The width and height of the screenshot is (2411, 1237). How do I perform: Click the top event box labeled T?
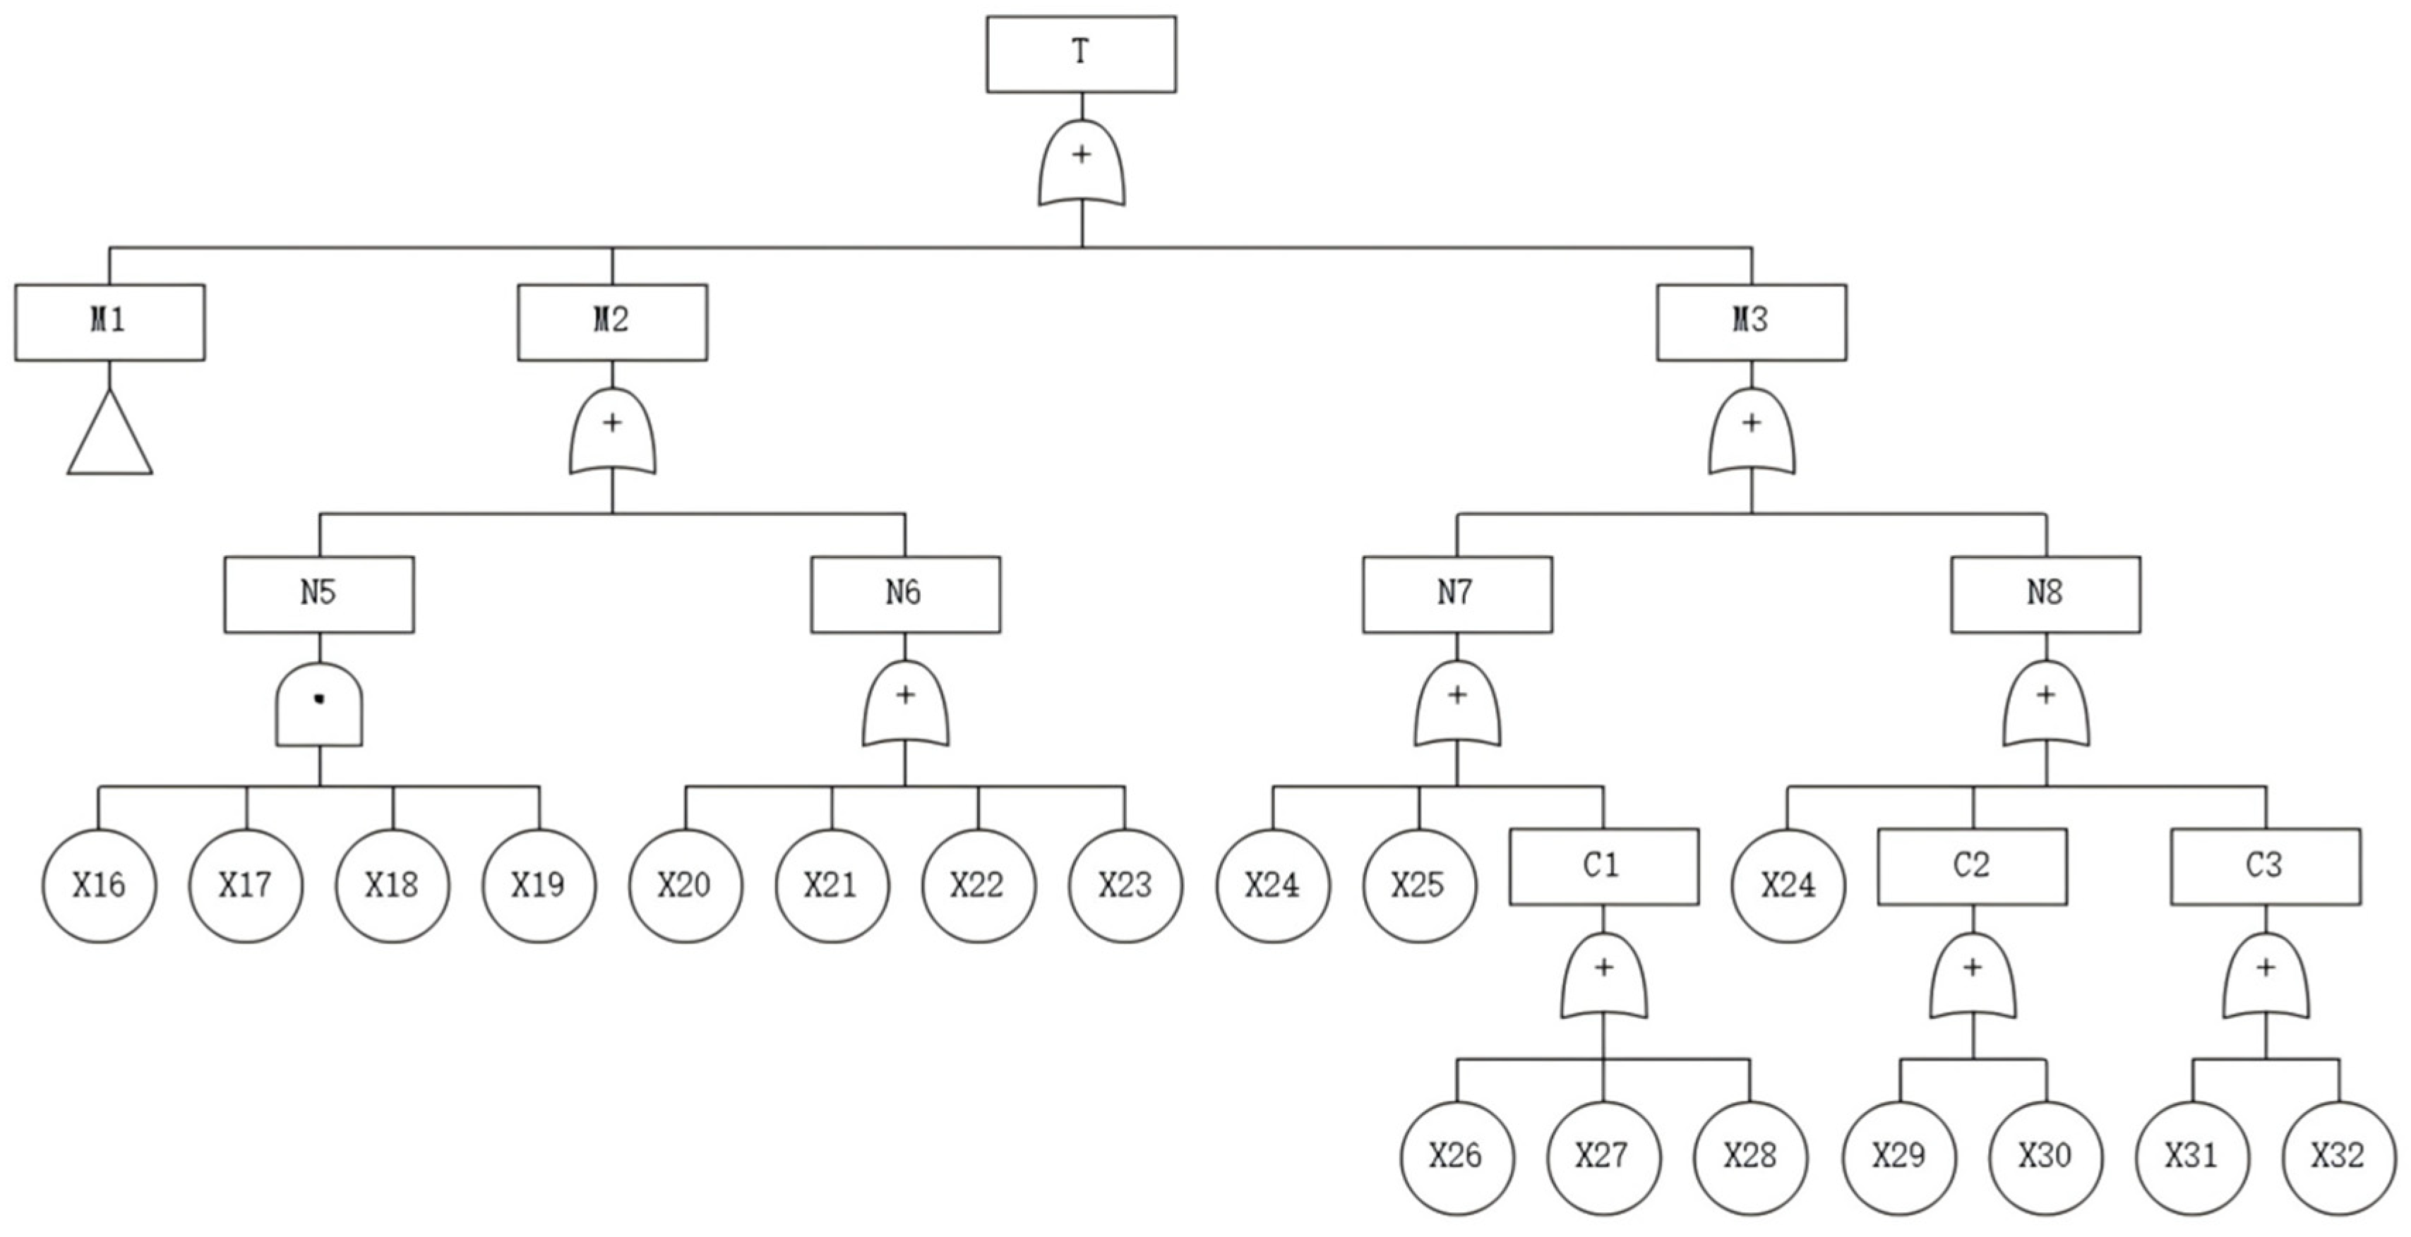1081,54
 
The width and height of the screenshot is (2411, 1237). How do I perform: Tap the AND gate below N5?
319,706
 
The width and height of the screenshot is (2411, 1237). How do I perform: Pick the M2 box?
612,322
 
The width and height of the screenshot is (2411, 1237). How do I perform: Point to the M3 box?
1751,322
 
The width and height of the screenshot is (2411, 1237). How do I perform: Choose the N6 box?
905,594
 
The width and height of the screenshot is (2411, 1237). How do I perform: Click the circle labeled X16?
100,885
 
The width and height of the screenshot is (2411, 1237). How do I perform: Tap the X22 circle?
978,885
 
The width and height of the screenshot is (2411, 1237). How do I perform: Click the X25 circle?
1419,885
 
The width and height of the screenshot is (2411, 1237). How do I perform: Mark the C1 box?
1603,867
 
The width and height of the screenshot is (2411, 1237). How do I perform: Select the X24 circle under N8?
1788,885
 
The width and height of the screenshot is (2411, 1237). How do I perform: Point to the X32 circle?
2338,1157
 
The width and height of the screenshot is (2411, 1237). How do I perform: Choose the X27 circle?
1603,1157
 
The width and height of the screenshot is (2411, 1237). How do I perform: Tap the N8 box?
2045,594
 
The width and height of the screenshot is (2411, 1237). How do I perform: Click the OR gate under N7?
1456,706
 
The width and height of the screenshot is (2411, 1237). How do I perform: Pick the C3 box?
2265,867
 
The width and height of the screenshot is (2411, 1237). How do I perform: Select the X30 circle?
2045,1157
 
